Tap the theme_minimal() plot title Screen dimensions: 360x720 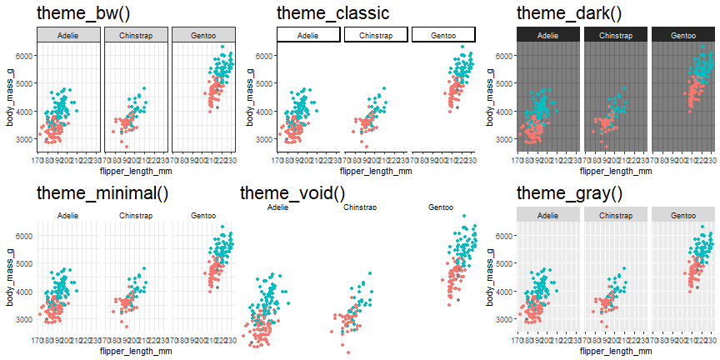click(102, 193)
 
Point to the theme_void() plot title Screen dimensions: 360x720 click(292, 193)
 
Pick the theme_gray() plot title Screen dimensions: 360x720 click(569, 193)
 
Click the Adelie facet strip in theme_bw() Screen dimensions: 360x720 click(68, 35)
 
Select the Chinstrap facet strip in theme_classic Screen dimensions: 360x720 click(376, 35)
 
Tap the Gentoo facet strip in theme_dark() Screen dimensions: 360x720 click(683, 35)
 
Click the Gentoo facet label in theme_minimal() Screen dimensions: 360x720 click(203, 216)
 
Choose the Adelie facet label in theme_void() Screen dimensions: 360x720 click(267, 207)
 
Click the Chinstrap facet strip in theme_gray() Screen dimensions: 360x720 click(616, 216)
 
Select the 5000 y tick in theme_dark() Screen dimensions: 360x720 click(504, 83)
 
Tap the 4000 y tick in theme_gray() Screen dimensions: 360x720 click(504, 292)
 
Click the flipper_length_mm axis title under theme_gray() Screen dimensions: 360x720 click(616, 351)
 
